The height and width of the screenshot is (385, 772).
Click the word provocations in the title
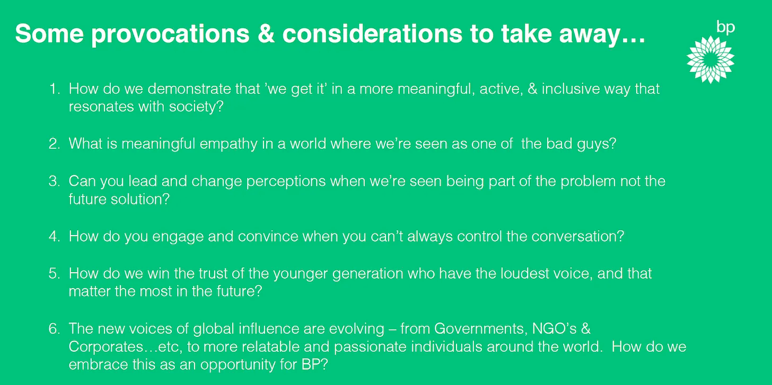tap(170, 34)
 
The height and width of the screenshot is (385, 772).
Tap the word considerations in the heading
tap(373, 33)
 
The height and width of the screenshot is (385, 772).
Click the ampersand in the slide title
tap(266, 33)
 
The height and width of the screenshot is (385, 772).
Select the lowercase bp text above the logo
tap(725, 28)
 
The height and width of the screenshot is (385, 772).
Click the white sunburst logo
tap(710, 59)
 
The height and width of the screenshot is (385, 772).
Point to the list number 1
tap(55, 89)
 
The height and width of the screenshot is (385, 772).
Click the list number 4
tap(55, 237)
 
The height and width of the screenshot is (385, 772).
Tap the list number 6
tap(55, 328)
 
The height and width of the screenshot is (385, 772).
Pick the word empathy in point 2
tap(229, 144)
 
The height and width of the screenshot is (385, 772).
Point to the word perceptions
tap(286, 182)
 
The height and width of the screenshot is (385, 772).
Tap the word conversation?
tap(578, 237)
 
